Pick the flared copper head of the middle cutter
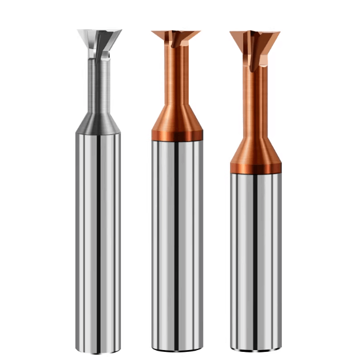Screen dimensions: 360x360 (175, 39)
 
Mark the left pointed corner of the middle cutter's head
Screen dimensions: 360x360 (153, 32)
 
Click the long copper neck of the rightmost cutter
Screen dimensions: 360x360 (255, 99)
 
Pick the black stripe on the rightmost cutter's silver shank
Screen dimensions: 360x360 (256, 263)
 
